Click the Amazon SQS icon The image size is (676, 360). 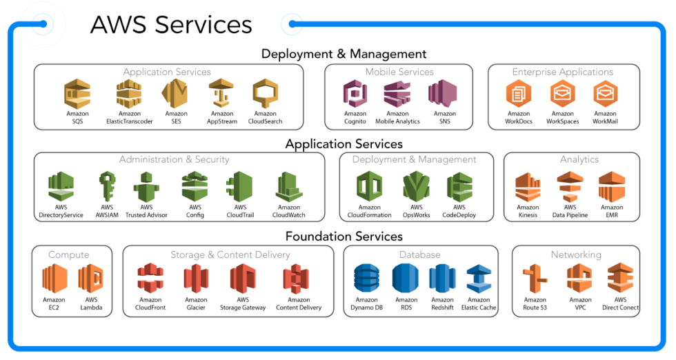pyautogui.click(x=77, y=94)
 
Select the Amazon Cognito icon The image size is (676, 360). pyautogui.click(x=355, y=94)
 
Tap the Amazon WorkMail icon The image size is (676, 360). pyautogui.click(x=605, y=94)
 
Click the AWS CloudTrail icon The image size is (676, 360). pyautogui.click(x=239, y=186)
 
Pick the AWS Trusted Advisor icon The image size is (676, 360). pyautogui.click(x=146, y=186)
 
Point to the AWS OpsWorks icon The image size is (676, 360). pyautogui.click(x=416, y=186)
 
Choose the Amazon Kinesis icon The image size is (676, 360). pyautogui.click(x=528, y=188)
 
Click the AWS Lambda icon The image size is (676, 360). pyautogui.click(x=91, y=279)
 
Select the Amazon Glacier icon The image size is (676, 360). pyautogui.click(x=196, y=279)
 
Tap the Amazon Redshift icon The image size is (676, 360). pyautogui.click(x=442, y=279)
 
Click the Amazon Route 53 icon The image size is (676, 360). pyautogui.click(x=535, y=279)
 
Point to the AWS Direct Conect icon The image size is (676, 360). pyautogui.click(x=619, y=279)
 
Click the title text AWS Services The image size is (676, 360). pyautogui.click(x=171, y=25)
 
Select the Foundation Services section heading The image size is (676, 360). pyautogui.click(x=344, y=237)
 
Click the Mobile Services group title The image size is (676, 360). pyautogui.click(x=399, y=72)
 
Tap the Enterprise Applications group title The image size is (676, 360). pyautogui.click(x=562, y=72)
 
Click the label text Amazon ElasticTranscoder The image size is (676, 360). pyautogui.click(x=129, y=118)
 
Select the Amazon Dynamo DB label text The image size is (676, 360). pyautogui.click(x=366, y=304)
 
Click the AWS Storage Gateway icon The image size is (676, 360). pyautogui.click(x=243, y=279)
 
